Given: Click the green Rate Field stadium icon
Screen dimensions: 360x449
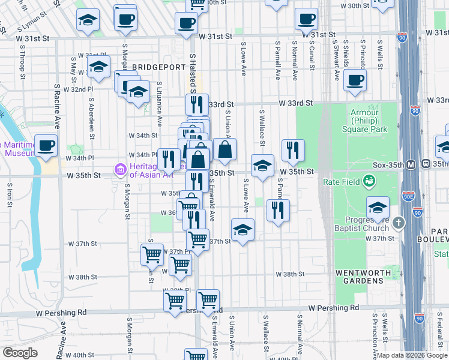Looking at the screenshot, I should click(x=370, y=180).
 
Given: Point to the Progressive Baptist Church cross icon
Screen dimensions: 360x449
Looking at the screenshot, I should click(x=398, y=223).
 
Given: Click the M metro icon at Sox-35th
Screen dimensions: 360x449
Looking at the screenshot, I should click(x=412, y=164).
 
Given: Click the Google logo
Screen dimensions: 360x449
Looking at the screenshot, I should click(x=20, y=353).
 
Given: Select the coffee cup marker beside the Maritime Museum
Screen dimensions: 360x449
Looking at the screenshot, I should click(x=46, y=145).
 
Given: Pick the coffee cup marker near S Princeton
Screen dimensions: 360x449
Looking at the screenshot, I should click(x=355, y=80).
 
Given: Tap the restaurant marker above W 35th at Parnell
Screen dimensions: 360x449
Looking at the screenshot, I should click(x=293, y=149).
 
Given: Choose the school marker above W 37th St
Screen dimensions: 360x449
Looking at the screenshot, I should click(x=243, y=229).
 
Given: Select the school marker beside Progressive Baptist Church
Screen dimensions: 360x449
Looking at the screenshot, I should click(x=378, y=207).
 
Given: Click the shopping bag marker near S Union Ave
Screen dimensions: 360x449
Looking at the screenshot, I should click(x=224, y=149).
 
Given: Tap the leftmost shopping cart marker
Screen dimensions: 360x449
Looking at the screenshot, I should click(x=152, y=254).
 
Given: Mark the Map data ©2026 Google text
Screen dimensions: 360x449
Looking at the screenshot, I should click(x=412, y=355).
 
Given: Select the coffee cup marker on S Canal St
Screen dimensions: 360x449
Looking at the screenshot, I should click(x=307, y=19).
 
